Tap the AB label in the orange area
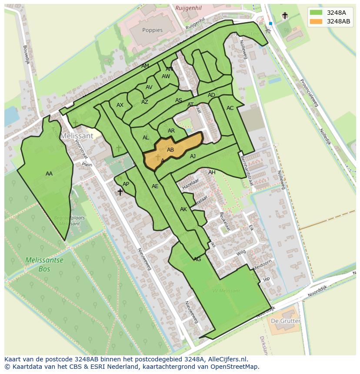(170, 150)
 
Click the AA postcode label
(49, 174)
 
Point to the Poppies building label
(152, 30)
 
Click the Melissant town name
(77, 136)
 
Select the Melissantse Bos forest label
(44, 265)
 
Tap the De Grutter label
(285, 321)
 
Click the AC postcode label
(230, 108)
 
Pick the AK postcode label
(183, 209)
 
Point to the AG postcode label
(197, 259)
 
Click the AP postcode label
(126, 184)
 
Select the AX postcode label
(120, 105)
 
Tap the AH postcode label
(212, 172)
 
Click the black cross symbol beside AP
(120, 192)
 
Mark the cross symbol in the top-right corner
(285, 16)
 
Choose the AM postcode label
(145, 66)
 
